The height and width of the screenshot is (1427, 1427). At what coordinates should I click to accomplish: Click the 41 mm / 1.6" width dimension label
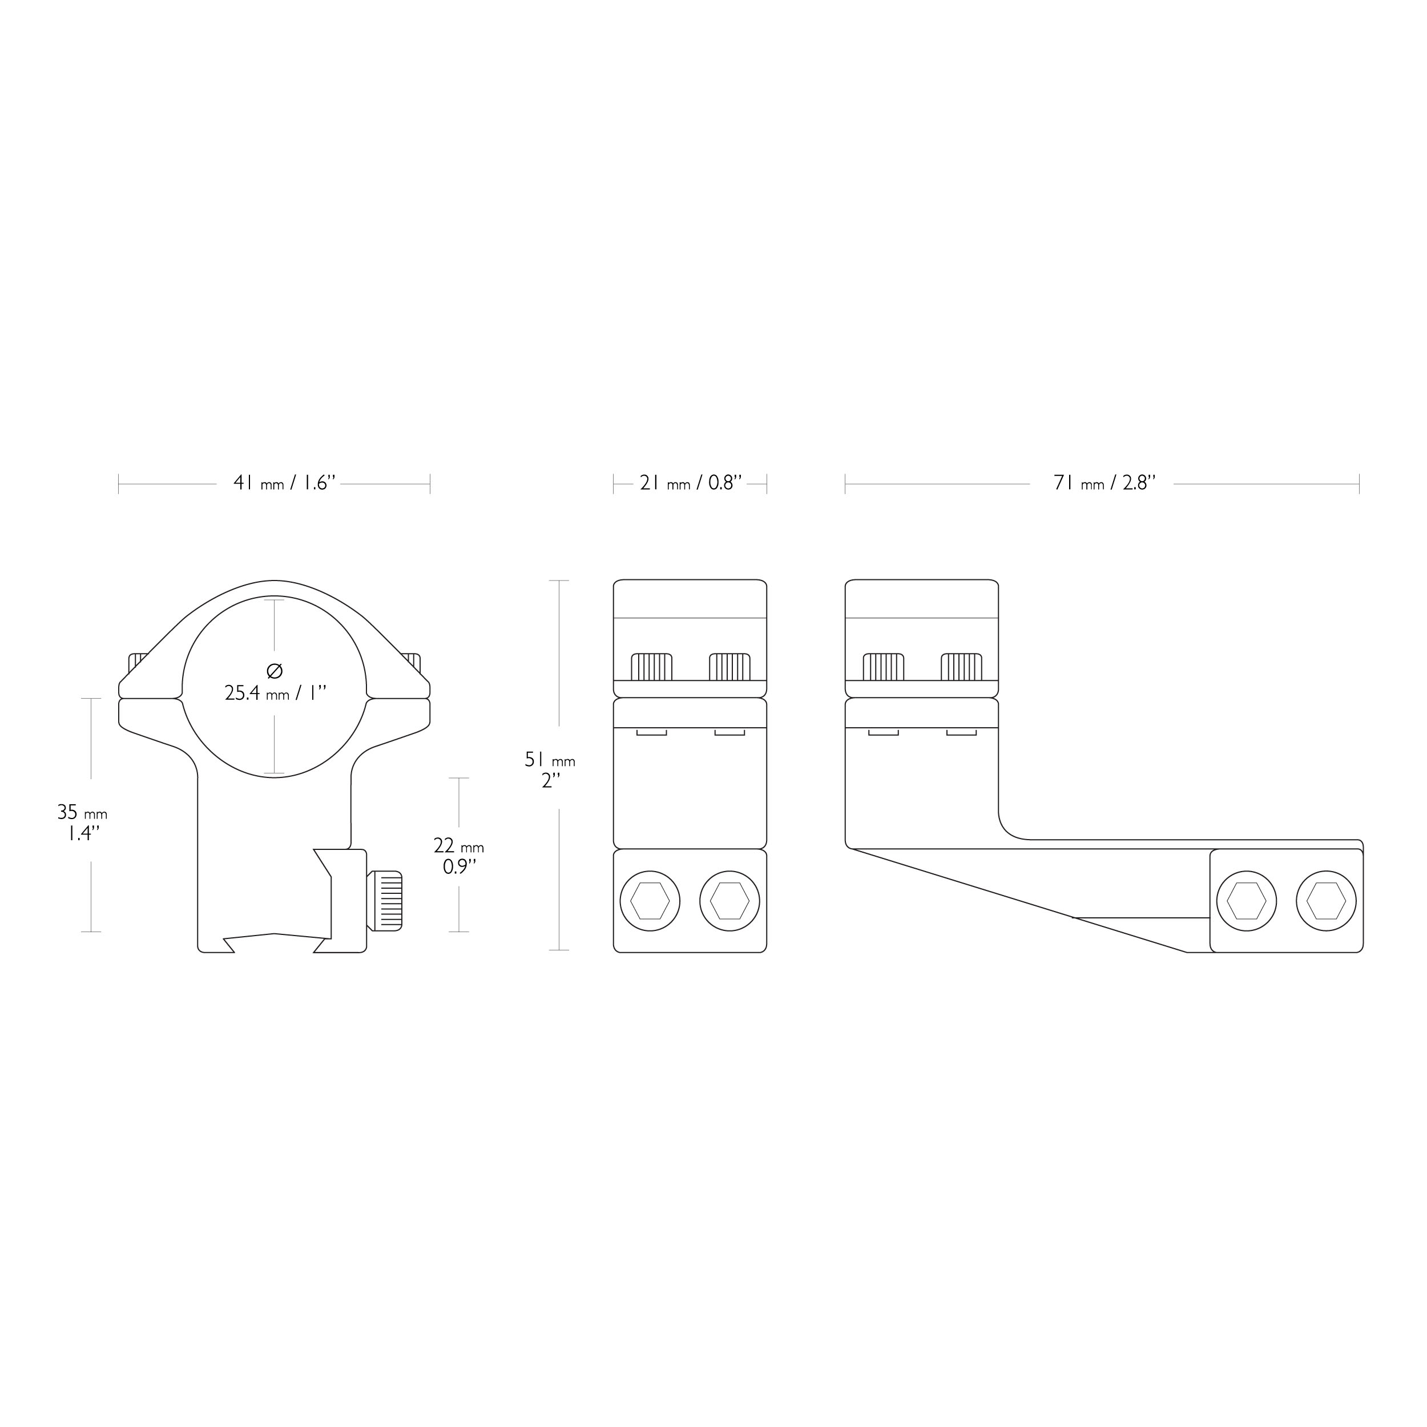[284, 483]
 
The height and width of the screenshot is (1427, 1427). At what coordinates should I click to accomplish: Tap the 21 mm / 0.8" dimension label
[691, 483]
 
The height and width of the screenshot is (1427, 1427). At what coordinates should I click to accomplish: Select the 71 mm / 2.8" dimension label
[1104, 483]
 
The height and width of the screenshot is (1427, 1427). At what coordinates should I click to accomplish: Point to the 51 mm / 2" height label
[550, 769]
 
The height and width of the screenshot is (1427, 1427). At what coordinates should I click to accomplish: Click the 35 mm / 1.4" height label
[82, 823]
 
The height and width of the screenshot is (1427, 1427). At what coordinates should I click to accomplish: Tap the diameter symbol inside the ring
[274, 671]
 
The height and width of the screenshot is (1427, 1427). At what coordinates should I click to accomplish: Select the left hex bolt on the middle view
[650, 901]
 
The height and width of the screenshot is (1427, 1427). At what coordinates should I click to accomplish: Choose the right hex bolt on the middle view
[729, 901]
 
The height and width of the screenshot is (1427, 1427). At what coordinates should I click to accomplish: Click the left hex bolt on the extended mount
[1247, 901]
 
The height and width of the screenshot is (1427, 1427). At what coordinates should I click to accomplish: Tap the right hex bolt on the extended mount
[1327, 901]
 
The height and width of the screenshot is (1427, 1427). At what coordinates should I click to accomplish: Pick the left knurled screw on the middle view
[651, 666]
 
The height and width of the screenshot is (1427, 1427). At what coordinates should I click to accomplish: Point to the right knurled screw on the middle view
[729, 666]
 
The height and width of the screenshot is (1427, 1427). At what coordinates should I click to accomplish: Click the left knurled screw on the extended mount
[884, 666]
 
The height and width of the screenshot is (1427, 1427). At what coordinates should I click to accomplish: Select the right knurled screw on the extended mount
[962, 666]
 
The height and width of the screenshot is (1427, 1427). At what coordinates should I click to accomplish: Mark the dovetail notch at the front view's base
[275, 942]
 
